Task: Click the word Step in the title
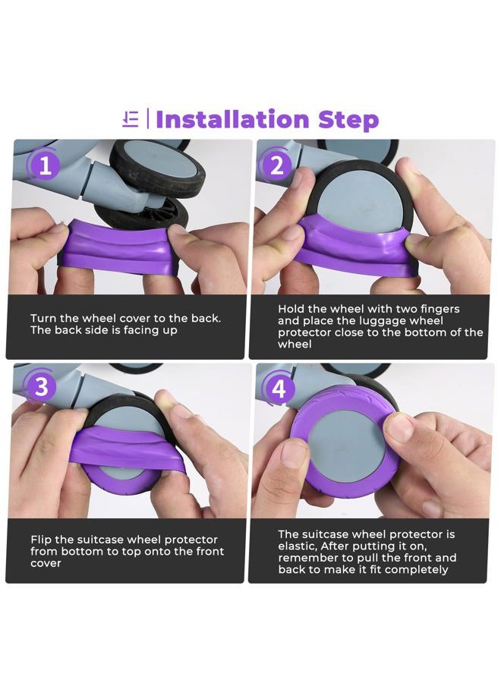point(348,120)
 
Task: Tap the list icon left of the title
point(131,119)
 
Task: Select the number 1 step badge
point(45,166)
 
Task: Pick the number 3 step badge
point(42,386)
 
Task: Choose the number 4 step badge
point(279,388)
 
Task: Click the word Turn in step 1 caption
point(43,319)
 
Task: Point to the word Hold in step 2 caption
point(291,309)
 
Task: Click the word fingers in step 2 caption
point(440,310)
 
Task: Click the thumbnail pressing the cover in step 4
point(397,425)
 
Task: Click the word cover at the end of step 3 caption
point(46,563)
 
